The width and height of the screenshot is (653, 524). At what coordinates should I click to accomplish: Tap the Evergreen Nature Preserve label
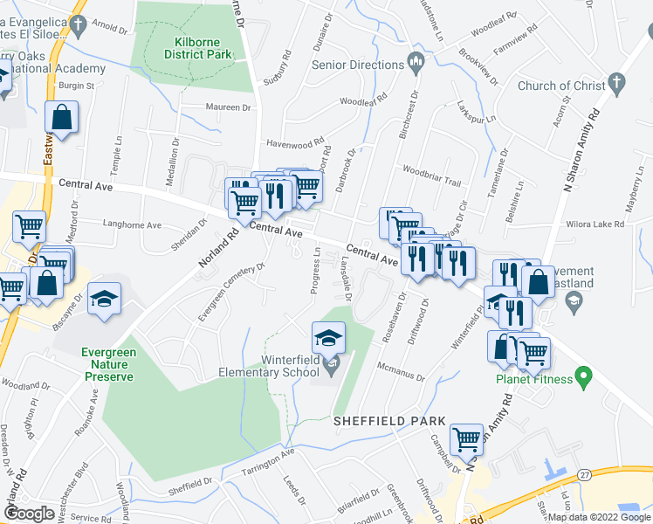(x=107, y=364)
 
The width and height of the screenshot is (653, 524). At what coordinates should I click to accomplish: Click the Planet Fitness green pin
(x=586, y=379)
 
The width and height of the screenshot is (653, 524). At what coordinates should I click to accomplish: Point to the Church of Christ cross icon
(x=617, y=85)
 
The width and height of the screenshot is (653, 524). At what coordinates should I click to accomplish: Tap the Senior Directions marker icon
(x=416, y=63)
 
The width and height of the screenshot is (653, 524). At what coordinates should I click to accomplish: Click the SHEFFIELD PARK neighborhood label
(x=383, y=421)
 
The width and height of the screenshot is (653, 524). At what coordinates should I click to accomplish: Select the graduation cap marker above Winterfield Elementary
(x=329, y=337)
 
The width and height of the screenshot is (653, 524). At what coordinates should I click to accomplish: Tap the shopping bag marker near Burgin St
(x=62, y=117)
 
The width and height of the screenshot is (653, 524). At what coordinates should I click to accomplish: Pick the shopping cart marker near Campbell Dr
(x=467, y=438)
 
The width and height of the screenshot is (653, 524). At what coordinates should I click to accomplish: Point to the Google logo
(x=30, y=514)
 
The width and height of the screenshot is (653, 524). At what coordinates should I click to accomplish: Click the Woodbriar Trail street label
(x=430, y=175)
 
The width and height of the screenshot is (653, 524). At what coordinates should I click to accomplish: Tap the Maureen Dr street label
(x=228, y=108)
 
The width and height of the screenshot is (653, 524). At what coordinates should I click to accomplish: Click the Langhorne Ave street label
(x=133, y=224)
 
